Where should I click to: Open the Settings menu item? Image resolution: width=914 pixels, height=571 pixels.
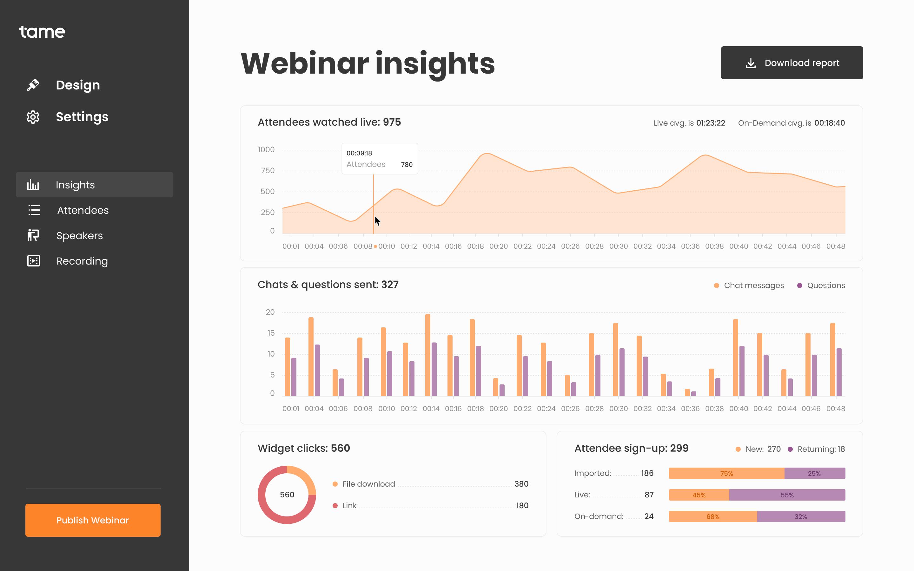[82, 117]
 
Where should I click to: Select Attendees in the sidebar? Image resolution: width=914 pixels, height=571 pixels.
[83, 210]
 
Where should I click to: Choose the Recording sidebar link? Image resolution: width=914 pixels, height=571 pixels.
[82, 261]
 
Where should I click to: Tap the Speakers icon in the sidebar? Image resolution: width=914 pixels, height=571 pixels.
[33, 235]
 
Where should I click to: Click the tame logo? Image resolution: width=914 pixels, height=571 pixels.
[42, 32]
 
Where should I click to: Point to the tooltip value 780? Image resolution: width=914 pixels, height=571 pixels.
[407, 165]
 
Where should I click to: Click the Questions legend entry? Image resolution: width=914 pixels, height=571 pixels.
[826, 285]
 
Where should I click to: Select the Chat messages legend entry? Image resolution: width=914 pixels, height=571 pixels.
[753, 285]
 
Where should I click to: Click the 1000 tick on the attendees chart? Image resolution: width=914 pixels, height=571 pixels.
[266, 149]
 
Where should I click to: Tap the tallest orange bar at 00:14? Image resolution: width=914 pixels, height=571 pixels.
[427, 355]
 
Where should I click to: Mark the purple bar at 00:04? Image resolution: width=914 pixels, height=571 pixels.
[317, 370]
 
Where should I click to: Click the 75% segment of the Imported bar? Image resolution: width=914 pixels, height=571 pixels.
[726, 473]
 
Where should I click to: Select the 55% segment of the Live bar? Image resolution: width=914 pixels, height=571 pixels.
[787, 495]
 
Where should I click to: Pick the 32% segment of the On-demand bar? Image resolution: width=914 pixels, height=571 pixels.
[801, 516]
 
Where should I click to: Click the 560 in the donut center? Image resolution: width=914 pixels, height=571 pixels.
[287, 495]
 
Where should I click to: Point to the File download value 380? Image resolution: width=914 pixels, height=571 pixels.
[521, 484]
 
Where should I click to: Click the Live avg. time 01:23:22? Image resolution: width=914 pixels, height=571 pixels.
[711, 123]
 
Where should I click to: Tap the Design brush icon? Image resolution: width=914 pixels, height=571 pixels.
[33, 85]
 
